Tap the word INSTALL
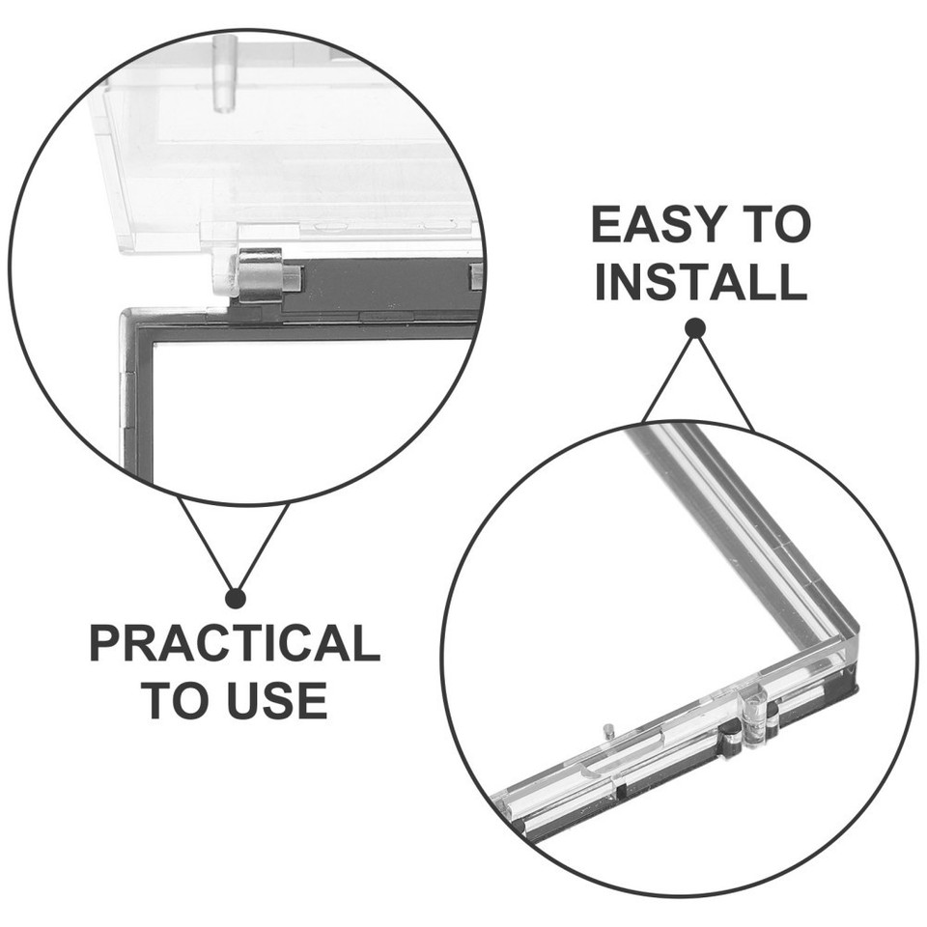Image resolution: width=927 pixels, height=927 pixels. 700,281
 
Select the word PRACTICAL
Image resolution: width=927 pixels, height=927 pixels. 234,644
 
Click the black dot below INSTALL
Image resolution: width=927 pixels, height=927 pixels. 694,328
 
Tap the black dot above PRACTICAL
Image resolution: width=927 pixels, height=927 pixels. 235,598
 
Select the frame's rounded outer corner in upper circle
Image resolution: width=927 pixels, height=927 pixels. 126,315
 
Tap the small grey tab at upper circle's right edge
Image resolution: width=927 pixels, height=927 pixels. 475,277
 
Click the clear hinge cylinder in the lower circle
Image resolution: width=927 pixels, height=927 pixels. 756,716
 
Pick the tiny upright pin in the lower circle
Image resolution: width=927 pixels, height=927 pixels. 606,731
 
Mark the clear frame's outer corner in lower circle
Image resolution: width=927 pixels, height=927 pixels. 853,640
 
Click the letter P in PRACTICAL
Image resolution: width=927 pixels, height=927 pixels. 104,644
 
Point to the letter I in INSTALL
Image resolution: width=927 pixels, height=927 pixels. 601,281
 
